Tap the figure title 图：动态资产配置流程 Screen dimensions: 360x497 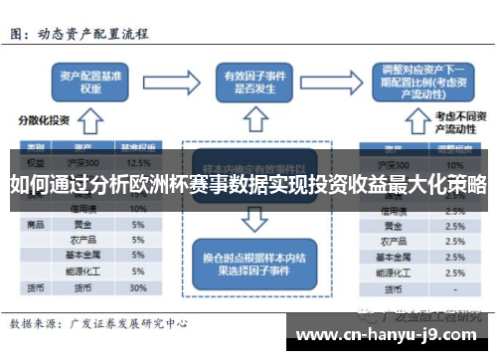pos(80,33)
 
